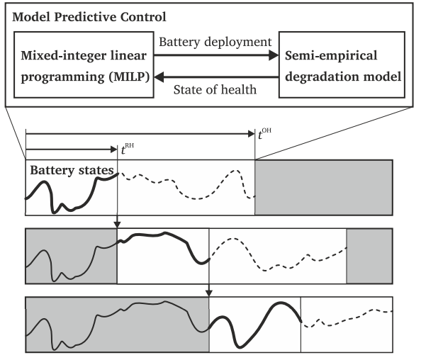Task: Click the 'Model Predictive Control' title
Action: (x=89, y=17)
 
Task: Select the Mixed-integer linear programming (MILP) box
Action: (x=84, y=64)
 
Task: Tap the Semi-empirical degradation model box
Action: (x=342, y=64)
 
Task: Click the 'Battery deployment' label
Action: (x=215, y=42)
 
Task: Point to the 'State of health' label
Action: (x=215, y=89)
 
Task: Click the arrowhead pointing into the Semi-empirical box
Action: (x=274, y=55)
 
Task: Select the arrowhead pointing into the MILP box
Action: (x=159, y=77)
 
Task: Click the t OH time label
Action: (x=264, y=134)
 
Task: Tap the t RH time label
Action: (x=128, y=149)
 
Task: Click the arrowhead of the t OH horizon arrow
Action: (x=252, y=133)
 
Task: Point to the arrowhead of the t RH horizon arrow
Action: (x=114, y=150)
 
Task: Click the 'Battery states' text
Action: (x=72, y=170)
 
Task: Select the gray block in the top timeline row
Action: (x=324, y=187)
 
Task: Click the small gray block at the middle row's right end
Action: (x=370, y=256)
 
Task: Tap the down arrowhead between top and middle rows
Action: (x=117, y=225)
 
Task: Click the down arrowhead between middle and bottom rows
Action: (x=209, y=293)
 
